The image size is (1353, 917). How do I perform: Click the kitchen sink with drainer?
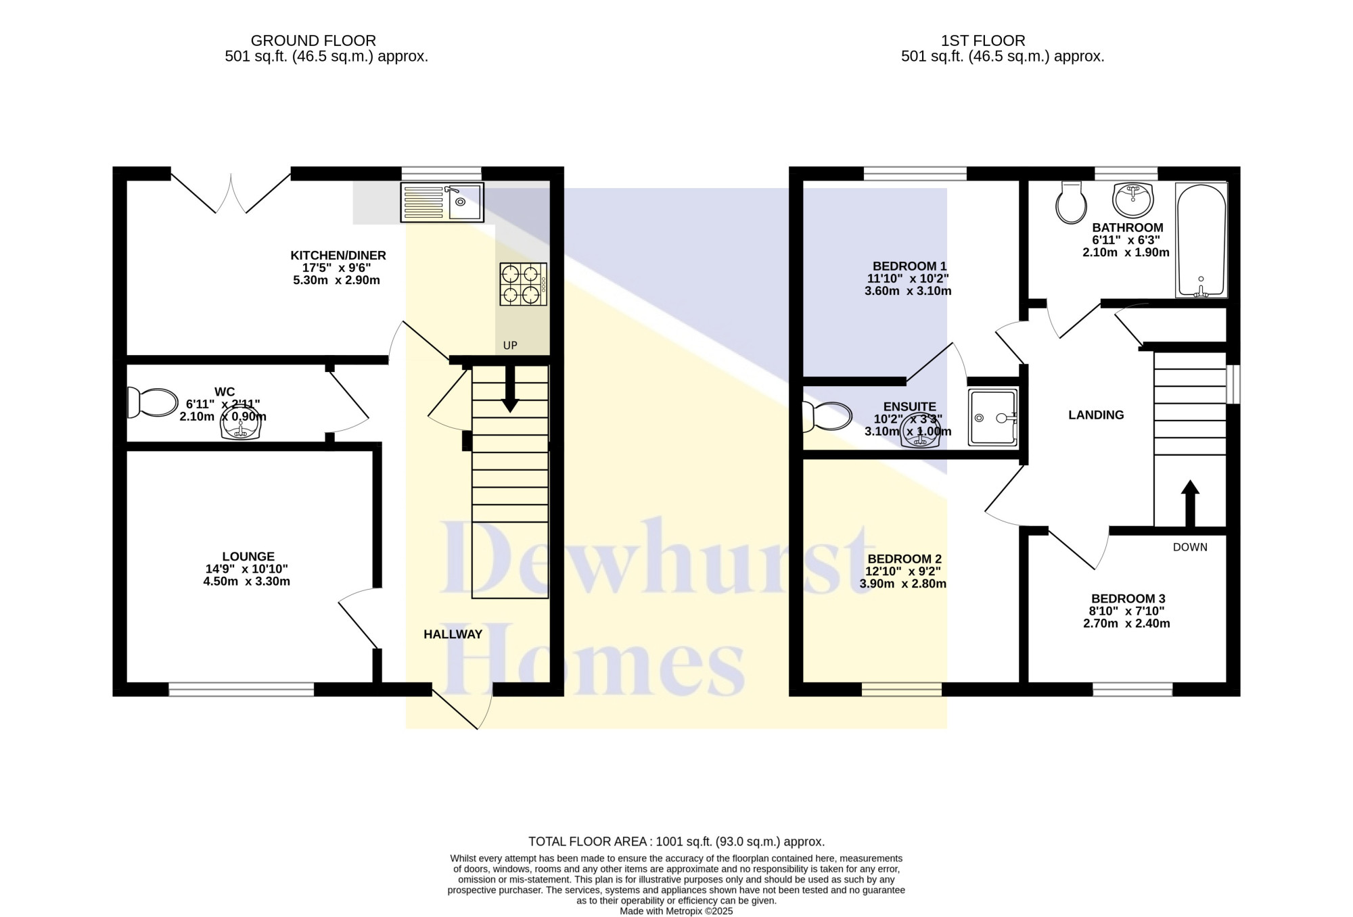[x=442, y=202]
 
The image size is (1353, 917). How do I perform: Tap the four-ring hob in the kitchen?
[x=523, y=284]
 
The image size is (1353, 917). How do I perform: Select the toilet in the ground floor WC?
[x=152, y=402]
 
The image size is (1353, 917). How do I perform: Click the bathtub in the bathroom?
[x=1201, y=240]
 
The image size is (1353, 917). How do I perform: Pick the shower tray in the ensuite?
[x=992, y=417]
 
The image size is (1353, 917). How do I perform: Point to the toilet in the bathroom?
[x=1071, y=202]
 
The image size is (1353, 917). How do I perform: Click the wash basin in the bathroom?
[x=1133, y=199]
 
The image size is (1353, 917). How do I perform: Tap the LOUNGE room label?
[x=248, y=557]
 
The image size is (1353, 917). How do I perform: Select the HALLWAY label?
[x=453, y=634]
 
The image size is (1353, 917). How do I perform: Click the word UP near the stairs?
[x=510, y=346]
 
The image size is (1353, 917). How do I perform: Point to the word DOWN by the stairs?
[x=1190, y=547]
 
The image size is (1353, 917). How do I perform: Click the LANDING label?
[x=1096, y=415]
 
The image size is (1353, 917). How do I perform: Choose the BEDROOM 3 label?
[x=1128, y=598]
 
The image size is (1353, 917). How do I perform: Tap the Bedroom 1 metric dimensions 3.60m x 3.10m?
[x=908, y=291]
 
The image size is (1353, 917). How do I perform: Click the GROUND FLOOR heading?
[x=313, y=41]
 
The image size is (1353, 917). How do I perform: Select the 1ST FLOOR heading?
[x=983, y=41]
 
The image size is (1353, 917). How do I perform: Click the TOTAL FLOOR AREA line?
[x=676, y=842]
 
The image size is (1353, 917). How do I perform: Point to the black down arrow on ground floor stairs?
[x=510, y=389]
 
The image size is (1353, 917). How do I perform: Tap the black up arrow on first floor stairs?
[x=1190, y=503]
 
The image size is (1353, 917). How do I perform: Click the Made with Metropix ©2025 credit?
[x=676, y=911]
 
